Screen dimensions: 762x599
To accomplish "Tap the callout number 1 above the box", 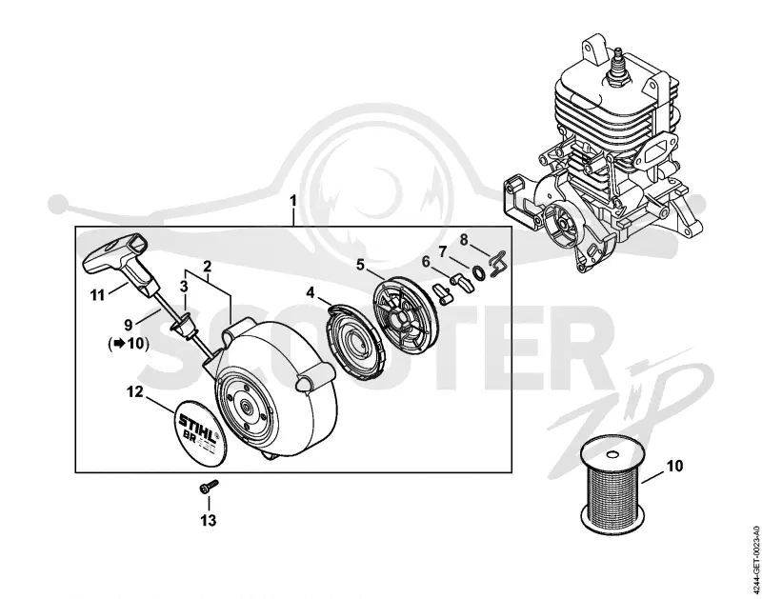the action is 292,201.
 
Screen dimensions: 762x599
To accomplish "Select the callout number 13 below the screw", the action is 209,521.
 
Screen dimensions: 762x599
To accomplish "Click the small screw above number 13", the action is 209,487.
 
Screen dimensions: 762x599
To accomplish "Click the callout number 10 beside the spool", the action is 674,466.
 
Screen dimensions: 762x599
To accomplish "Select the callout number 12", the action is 135,391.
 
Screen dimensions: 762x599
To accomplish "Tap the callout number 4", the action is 311,293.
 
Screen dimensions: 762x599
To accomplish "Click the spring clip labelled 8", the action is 498,263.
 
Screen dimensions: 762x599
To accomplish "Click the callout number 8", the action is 464,239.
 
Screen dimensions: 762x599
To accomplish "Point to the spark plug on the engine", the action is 617,67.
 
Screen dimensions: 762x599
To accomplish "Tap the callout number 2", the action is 208,267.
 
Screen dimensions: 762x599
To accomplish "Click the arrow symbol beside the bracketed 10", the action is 117,344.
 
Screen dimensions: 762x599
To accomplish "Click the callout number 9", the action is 129,325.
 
